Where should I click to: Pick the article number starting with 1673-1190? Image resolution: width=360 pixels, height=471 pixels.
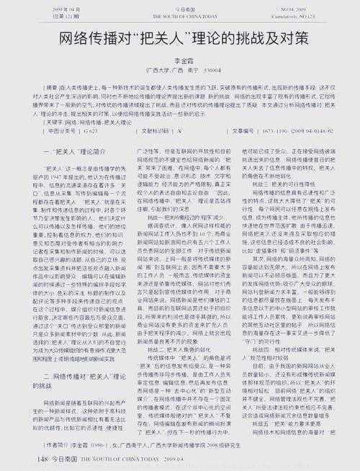[x=292, y=132]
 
